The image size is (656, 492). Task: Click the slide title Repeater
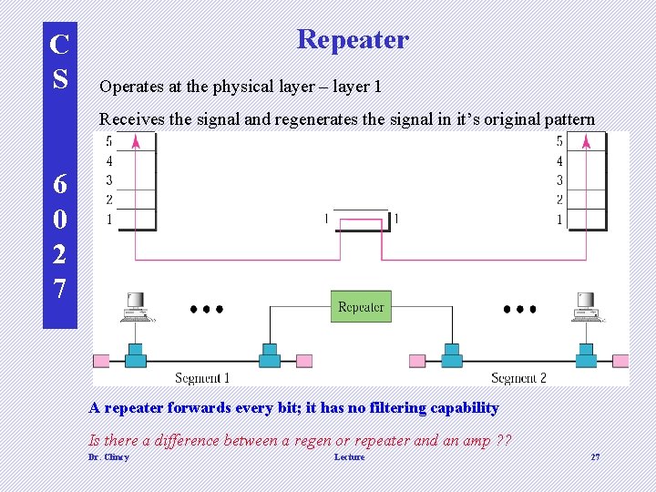click(x=353, y=40)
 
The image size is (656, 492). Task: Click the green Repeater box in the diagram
click(x=361, y=307)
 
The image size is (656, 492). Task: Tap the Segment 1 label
click(x=201, y=377)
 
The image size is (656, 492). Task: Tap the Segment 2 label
click(x=519, y=377)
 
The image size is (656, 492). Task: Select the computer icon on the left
click(x=136, y=307)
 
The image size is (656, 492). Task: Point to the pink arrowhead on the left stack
click(x=136, y=141)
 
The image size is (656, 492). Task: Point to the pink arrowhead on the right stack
click(x=587, y=141)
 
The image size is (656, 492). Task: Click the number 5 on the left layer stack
click(x=108, y=141)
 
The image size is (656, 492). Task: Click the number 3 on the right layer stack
click(x=559, y=180)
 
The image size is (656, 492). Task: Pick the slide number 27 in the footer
click(x=595, y=457)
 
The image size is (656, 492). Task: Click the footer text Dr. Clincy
click(x=108, y=457)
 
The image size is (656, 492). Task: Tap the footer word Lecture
click(x=349, y=457)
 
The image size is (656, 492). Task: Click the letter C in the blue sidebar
click(x=60, y=45)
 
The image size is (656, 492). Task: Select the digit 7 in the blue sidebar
click(x=60, y=289)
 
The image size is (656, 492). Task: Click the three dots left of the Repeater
click(x=207, y=309)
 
